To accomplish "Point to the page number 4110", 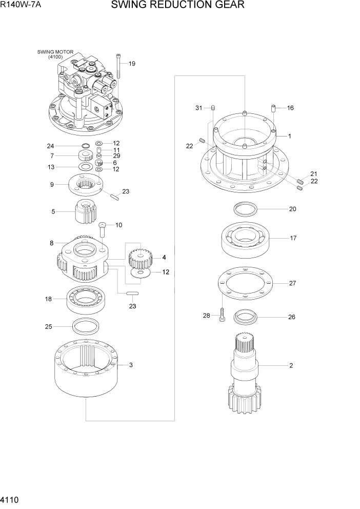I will coord(11,499).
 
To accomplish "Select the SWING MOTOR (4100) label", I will coord(55,54).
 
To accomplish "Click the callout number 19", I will coord(132,64).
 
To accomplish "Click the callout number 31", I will coord(198,108).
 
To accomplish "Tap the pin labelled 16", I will coord(274,109).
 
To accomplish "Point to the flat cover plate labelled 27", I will coord(245,283).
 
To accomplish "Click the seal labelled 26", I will coord(245,317).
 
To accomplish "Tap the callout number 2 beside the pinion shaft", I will coord(291,366).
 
